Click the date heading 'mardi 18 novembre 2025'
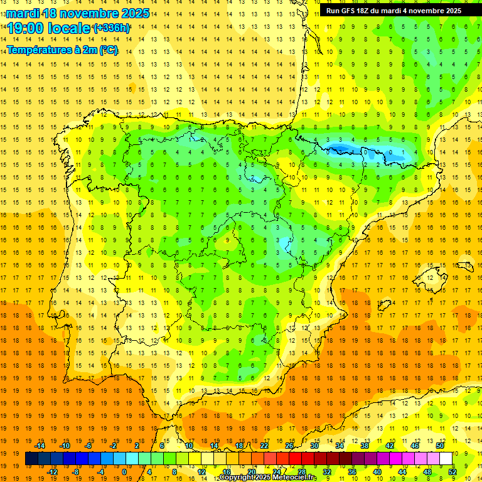tap(78, 13)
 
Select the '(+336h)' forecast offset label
tap(112, 28)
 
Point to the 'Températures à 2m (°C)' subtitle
tap(62, 50)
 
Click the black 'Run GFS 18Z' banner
tap(394, 11)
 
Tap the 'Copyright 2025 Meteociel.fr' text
tap(268, 478)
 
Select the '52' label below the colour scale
tap(453, 472)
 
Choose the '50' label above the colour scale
tap(439, 446)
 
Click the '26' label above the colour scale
tap(289, 446)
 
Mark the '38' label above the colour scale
tap(365, 446)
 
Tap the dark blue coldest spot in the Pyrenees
tap(341, 149)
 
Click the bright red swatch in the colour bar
tap(296, 459)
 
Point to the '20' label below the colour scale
tap(252, 472)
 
